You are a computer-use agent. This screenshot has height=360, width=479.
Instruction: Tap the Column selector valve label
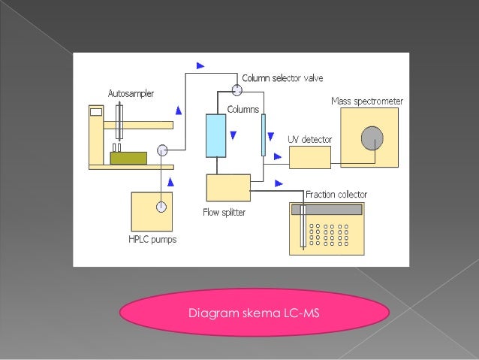click(x=282, y=78)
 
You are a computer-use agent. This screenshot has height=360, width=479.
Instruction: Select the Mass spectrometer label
click(x=367, y=101)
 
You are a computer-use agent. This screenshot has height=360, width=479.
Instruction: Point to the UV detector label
click(x=310, y=139)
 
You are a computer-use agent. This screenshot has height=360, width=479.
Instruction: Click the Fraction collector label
click(x=336, y=195)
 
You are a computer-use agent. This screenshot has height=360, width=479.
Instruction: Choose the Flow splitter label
click(x=224, y=212)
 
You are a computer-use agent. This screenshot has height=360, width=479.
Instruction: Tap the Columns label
click(x=243, y=110)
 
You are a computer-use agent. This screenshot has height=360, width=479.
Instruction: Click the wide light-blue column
click(x=215, y=135)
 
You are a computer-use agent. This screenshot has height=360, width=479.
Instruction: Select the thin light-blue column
click(x=264, y=135)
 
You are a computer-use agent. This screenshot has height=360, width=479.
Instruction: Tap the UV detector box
click(x=309, y=157)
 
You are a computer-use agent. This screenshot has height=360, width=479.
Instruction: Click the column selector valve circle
click(x=237, y=90)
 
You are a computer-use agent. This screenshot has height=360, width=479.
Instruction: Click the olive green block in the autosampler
click(x=128, y=158)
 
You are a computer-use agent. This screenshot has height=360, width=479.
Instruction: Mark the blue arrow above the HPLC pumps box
click(x=173, y=182)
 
